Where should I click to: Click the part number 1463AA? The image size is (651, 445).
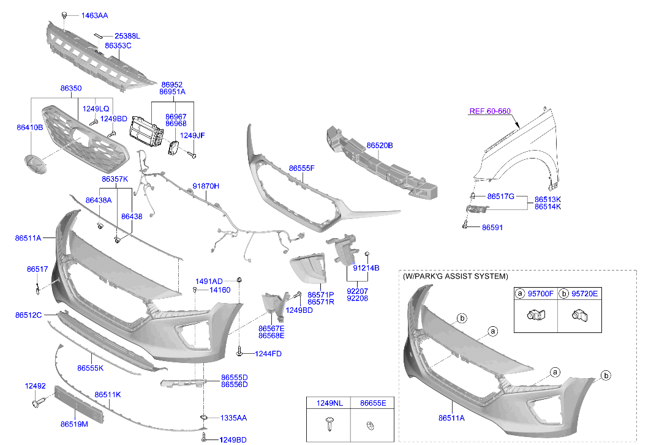point(94,16)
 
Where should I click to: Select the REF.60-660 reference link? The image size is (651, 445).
point(489,111)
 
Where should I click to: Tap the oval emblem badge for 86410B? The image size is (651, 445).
point(36,164)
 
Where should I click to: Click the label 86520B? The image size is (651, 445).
point(380,146)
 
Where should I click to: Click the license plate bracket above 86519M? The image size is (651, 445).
point(79,405)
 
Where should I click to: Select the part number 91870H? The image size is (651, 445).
point(206,186)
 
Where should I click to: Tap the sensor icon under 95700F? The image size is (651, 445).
point(536,315)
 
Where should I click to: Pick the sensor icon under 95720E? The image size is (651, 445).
point(579,316)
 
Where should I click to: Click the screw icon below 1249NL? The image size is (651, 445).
point(329,424)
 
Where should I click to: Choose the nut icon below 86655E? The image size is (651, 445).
point(371,425)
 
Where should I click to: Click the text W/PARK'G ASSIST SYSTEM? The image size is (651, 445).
point(455,277)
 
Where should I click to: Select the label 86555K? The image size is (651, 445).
point(91,368)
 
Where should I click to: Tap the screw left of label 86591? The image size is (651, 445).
point(465,226)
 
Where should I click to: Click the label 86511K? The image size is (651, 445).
point(108,395)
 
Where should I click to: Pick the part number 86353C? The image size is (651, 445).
point(118,46)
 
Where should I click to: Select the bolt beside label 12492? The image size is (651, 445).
point(38,403)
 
